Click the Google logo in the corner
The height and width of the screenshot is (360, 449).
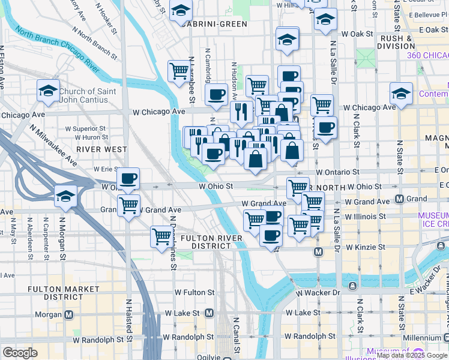click(x=20, y=353)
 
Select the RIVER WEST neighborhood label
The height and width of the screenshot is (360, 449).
click(x=101, y=149)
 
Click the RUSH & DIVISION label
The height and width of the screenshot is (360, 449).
click(x=396, y=42)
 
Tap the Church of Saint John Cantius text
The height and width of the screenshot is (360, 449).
click(x=83, y=95)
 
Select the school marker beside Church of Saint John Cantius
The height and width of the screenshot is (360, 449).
click(x=48, y=92)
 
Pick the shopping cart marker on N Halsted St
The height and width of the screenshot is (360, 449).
click(x=128, y=206)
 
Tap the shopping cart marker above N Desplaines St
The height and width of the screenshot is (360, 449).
click(x=161, y=237)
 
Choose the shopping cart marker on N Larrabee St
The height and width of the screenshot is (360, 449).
click(x=179, y=71)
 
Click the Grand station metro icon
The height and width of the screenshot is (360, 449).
click(x=400, y=199)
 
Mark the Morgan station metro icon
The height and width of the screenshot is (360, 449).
click(x=69, y=314)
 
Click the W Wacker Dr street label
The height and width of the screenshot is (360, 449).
click(x=319, y=292)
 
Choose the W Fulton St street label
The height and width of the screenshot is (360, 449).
click(x=194, y=292)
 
